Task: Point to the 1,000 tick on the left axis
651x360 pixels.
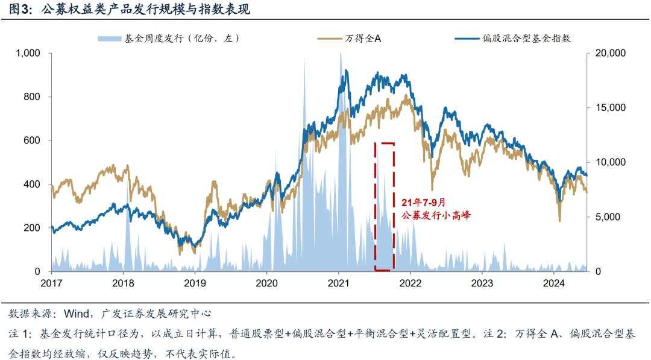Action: (28, 53)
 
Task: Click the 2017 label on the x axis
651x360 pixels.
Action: (52, 283)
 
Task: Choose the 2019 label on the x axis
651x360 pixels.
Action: (195, 283)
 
